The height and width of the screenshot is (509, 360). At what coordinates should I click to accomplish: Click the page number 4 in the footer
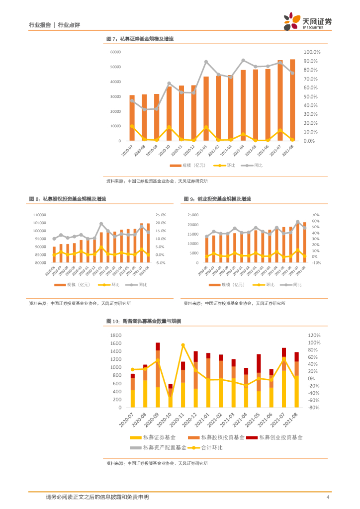(x=328, y=497)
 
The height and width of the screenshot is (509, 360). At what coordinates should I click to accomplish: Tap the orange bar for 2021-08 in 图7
(x=292, y=99)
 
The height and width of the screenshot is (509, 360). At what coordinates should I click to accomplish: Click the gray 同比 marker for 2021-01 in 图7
(x=206, y=62)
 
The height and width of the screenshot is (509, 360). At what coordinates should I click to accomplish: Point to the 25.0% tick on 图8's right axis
(x=161, y=215)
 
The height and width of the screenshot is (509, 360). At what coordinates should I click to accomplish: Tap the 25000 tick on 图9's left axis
(x=192, y=215)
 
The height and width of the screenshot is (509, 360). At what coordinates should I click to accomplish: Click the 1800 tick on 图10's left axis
(x=115, y=336)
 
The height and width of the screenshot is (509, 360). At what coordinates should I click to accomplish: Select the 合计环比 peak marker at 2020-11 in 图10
(x=183, y=345)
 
